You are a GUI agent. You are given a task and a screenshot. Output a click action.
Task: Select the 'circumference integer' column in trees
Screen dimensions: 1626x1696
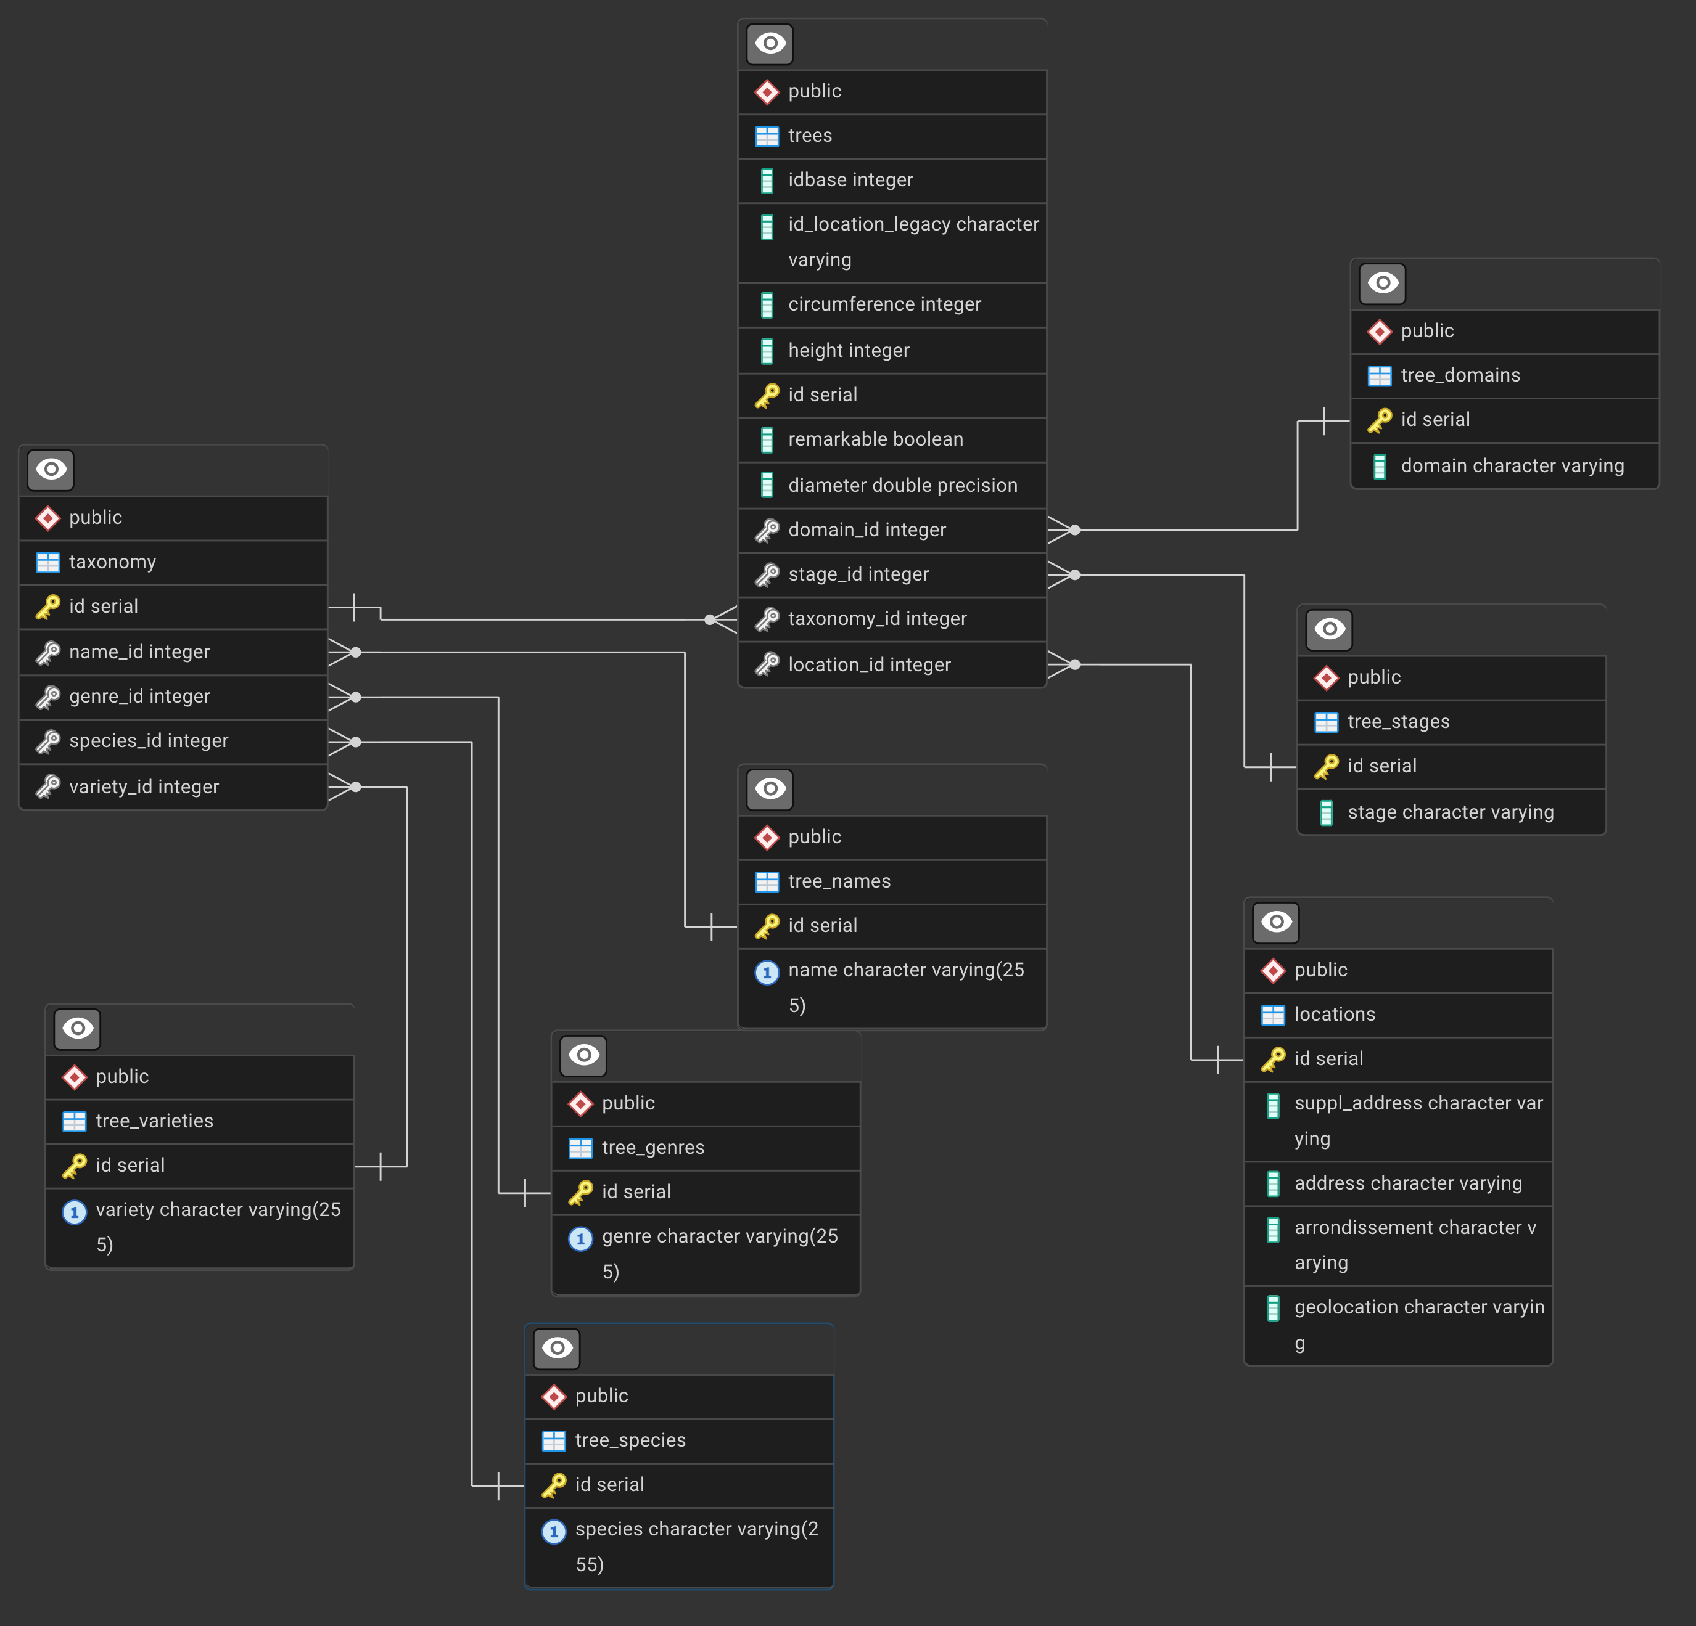click(884, 304)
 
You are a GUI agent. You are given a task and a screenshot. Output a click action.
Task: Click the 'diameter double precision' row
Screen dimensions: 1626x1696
click(902, 485)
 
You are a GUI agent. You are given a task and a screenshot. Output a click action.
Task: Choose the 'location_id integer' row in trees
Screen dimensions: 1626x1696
click(869, 665)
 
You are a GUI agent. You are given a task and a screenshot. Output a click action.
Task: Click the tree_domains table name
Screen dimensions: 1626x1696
click(1460, 375)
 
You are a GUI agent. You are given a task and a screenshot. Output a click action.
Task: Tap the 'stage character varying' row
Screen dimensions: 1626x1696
click(1451, 812)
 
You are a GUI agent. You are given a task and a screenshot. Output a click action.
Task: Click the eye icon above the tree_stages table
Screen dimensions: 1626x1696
click(1329, 629)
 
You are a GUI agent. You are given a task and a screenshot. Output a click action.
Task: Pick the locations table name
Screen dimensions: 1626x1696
click(1335, 1015)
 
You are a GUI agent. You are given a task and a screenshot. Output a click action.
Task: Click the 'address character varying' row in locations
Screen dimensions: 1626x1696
click(1408, 1183)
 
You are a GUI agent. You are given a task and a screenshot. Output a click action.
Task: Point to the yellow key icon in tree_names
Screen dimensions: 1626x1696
click(767, 926)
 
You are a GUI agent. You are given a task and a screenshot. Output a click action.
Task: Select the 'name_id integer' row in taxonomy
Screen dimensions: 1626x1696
click(139, 652)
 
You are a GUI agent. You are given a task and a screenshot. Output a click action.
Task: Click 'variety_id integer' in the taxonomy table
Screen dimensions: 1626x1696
click(144, 787)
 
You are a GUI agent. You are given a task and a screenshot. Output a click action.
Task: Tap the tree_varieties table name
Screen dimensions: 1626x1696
click(154, 1121)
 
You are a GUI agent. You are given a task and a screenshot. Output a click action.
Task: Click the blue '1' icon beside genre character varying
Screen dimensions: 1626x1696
click(580, 1238)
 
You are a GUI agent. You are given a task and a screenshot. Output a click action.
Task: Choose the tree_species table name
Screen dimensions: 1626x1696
click(630, 1440)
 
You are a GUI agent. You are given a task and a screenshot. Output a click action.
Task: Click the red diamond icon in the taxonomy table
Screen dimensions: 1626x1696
click(47, 518)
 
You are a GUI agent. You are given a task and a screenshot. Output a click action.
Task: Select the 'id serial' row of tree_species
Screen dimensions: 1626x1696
click(609, 1485)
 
